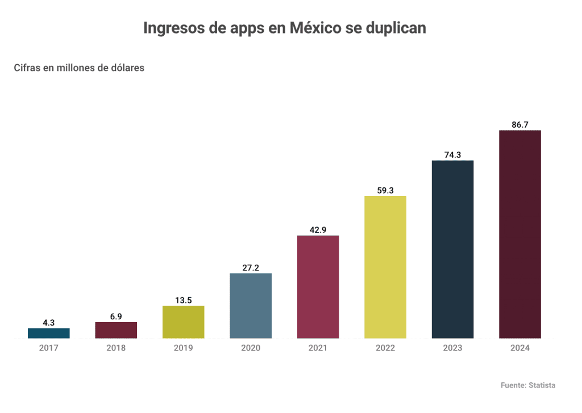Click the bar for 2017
point(49,333)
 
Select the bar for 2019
point(183,322)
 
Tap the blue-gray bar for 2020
point(251,306)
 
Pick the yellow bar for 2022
point(385,267)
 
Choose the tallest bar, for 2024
point(519,234)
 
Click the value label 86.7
point(519,124)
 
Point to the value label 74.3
point(452,155)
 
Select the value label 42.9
point(318,230)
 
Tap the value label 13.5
point(183,300)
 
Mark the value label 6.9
point(116,316)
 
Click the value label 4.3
point(49,323)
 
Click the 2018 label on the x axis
point(116,348)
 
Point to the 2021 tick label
point(318,348)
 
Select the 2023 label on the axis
point(452,348)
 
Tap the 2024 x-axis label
point(519,348)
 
